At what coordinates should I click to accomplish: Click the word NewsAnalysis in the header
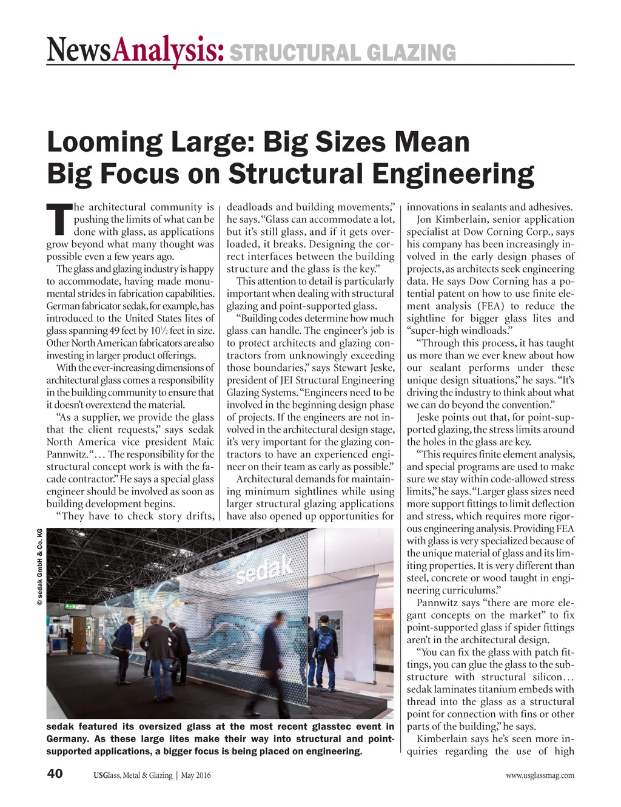pos(135,51)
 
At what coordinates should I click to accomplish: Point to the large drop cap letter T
pos(58,219)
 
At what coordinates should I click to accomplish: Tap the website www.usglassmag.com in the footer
pos(540,775)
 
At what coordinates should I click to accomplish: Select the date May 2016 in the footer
pos(196,775)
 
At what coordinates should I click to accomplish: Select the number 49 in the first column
pos(116,331)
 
